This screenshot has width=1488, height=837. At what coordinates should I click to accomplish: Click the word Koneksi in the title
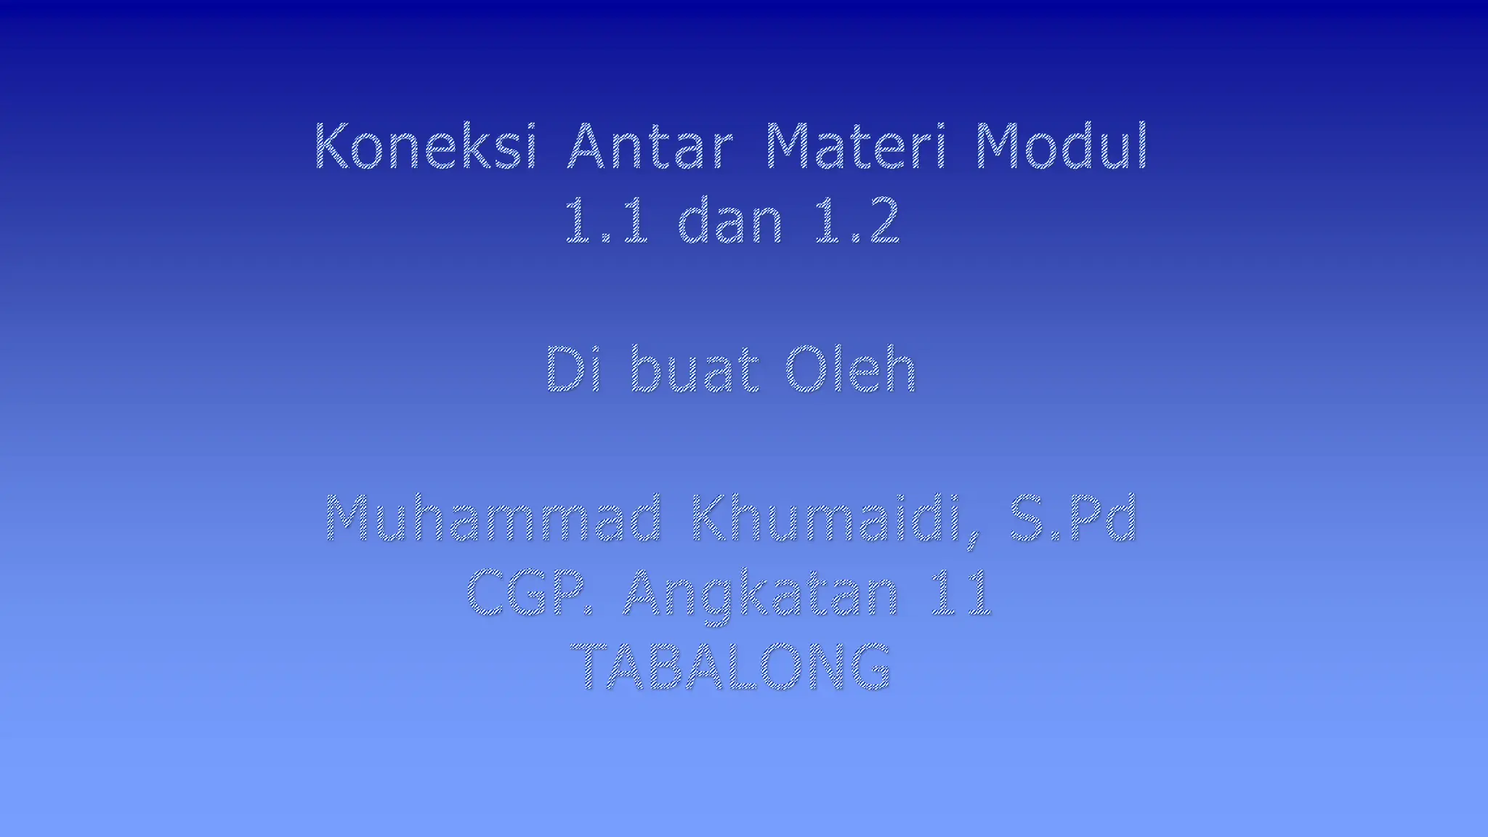(x=426, y=147)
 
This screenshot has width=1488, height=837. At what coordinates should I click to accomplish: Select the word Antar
(x=650, y=147)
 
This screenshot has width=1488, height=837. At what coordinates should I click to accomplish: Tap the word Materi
(x=857, y=147)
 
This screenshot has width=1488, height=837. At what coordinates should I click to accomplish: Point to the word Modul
(x=1062, y=147)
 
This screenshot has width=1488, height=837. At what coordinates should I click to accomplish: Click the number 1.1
(x=605, y=221)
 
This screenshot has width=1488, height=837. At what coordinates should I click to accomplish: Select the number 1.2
(x=857, y=221)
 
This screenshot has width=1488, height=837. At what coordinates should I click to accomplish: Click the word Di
(x=573, y=370)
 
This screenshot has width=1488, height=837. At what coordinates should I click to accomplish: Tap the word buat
(x=695, y=370)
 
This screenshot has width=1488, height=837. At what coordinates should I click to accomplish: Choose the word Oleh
(x=850, y=370)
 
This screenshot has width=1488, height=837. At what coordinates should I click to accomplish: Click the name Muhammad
(x=493, y=518)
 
